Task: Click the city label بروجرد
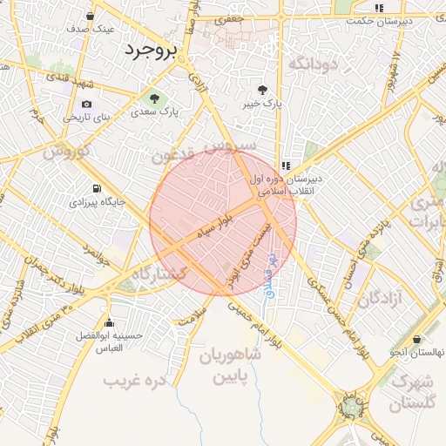click(151, 50)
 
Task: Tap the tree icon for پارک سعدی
click(155, 98)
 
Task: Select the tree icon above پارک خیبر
click(262, 90)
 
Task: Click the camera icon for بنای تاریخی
click(86, 105)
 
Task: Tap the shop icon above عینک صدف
click(90, 16)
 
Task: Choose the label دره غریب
click(134, 381)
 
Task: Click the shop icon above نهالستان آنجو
click(418, 339)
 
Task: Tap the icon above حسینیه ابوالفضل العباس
click(108, 323)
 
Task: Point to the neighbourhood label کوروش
click(66, 151)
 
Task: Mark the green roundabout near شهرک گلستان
click(351, 405)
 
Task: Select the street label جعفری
click(229, 17)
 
